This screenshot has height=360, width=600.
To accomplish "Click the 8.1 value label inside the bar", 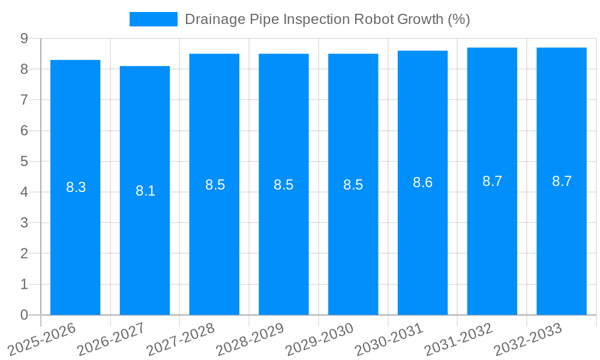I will point(145,191).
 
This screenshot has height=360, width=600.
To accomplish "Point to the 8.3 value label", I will point(76,187).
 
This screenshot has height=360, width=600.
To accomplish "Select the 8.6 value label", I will point(422,183).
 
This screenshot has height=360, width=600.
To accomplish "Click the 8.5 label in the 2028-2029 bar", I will point(283,185).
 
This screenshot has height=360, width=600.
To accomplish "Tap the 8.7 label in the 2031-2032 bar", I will point(492,181).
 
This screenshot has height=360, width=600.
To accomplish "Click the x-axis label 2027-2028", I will point(180,339).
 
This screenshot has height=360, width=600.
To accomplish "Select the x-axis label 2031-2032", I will point(458,339).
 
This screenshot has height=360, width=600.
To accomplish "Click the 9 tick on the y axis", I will point(25,38).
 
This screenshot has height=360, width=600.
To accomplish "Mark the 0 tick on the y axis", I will point(25,315).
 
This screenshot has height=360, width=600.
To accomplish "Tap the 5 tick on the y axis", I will point(25,161).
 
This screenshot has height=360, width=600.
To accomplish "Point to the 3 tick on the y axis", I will point(25,223).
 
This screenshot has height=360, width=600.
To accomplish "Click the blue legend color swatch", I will point(154,19).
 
